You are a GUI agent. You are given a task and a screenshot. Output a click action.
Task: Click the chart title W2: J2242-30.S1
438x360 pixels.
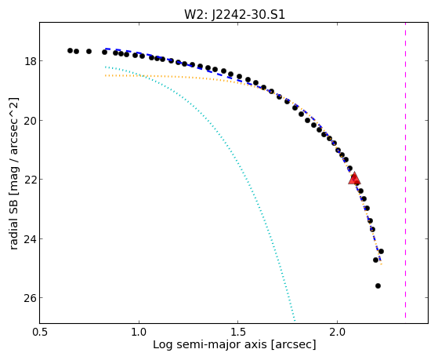pos(234,15)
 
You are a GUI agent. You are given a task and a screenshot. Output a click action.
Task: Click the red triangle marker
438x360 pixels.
pos(354,178)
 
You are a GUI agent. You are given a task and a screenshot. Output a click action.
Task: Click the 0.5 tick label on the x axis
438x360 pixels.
pos(40,332)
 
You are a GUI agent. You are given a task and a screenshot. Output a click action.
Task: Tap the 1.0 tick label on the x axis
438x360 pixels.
pos(139,332)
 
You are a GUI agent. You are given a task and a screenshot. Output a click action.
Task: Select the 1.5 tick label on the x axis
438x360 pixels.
pos(237,332)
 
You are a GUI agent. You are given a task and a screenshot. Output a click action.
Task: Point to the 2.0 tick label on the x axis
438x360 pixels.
pos(337,332)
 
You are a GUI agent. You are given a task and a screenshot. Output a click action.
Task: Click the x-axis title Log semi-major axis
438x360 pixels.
pos(210,345)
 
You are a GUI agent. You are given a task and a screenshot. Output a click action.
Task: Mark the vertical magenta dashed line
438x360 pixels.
pos(405,170)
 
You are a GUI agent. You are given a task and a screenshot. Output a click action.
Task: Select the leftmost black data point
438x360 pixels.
pos(70,51)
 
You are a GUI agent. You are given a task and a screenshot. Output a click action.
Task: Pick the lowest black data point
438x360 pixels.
pos(378,285)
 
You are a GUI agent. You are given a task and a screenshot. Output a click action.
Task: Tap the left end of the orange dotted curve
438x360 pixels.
pos(105,75)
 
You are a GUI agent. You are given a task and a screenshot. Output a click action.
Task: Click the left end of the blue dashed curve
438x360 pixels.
pos(105,49)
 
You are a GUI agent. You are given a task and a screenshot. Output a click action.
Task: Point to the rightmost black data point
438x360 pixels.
pos(381,251)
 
